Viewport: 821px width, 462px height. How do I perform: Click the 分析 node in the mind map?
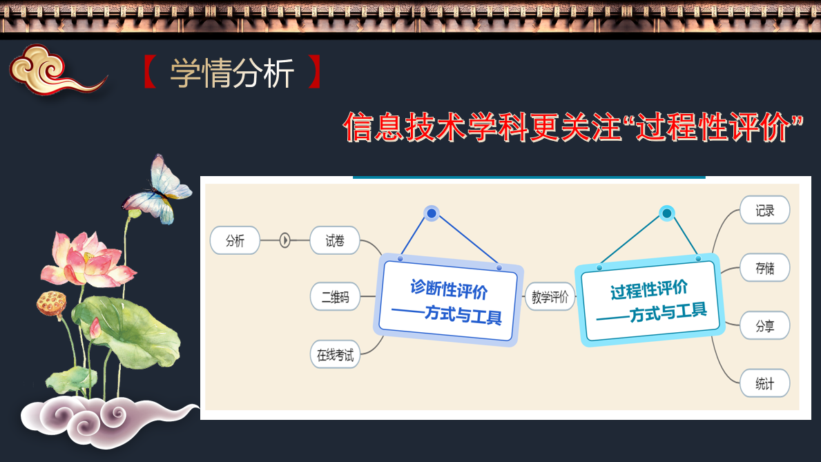tap(235, 240)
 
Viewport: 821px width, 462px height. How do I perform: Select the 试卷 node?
tap(335, 240)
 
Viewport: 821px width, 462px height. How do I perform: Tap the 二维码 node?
tap(335, 297)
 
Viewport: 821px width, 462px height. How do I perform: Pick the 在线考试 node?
tap(335, 355)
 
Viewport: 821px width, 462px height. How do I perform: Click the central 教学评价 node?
tap(550, 297)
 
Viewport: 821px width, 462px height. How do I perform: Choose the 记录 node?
tap(764, 210)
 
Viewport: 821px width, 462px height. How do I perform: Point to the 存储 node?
tap(764, 268)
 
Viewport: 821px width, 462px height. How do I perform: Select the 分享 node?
tap(764, 325)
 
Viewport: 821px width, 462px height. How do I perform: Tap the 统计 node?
tap(764, 383)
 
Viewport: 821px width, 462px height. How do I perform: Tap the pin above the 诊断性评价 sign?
tap(432, 213)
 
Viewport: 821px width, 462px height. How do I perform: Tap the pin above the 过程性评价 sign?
tap(666, 213)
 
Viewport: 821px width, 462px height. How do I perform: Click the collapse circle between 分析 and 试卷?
tap(285, 240)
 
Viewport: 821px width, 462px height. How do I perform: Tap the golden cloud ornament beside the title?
tap(57, 70)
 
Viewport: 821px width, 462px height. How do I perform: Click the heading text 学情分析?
tap(232, 73)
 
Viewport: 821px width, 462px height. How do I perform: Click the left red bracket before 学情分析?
tap(150, 72)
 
